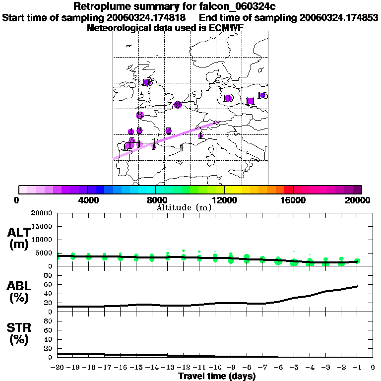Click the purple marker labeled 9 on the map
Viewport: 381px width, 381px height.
pos(178,105)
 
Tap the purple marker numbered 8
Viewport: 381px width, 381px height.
pos(139,115)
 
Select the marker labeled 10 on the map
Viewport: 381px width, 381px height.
pos(228,98)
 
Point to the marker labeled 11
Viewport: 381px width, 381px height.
pos(250,101)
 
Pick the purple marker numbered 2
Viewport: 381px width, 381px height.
pos(169,131)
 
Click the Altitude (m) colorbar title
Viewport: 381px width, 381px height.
pos(184,207)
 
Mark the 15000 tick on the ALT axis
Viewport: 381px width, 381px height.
pos(44,226)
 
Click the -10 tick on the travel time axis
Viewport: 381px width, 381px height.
pos(215,368)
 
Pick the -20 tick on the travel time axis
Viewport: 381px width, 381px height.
pos(58,368)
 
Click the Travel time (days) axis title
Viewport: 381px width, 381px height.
pos(216,377)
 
